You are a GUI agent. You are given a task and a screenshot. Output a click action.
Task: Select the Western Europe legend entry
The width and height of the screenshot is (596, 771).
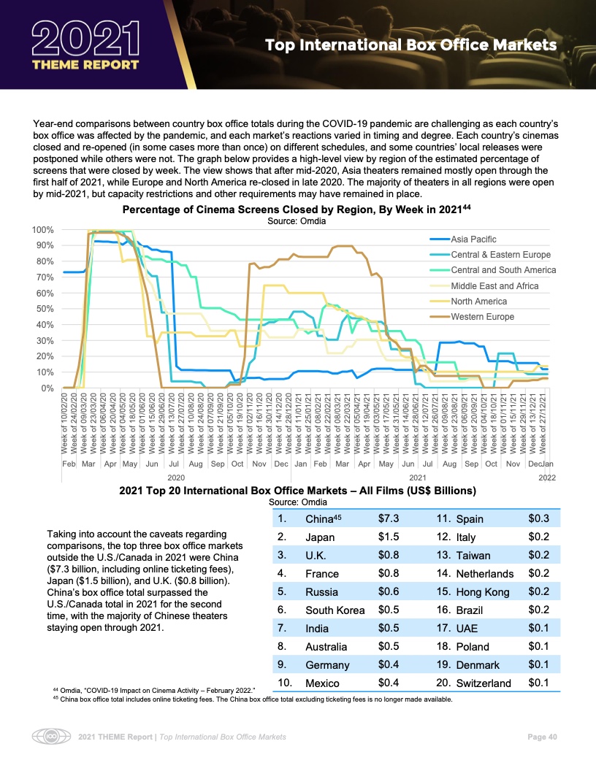click(x=482, y=317)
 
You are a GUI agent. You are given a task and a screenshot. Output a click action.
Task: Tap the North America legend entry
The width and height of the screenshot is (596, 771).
click(x=478, y=302)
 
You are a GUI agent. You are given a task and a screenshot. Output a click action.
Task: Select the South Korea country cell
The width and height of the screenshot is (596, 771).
click(x=335, y=610)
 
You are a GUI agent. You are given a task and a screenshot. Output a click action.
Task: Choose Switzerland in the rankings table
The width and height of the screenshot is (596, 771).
click(x=483, y=683)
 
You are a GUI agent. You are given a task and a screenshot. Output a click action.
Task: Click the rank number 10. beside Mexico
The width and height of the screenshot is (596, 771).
click(x=285, y=682)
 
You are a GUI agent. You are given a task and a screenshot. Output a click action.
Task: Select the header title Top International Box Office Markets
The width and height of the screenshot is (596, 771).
click(x=410, y=46)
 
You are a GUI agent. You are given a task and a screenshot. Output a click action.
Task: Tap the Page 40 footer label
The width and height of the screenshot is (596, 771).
click(x=542, y=737)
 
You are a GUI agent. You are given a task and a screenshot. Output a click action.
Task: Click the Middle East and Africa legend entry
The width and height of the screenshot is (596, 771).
click(x=494, y=285)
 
